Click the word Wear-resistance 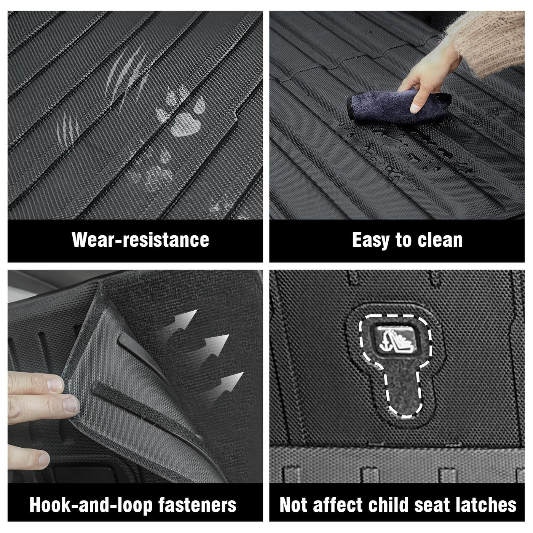click(x=140, y=239)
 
